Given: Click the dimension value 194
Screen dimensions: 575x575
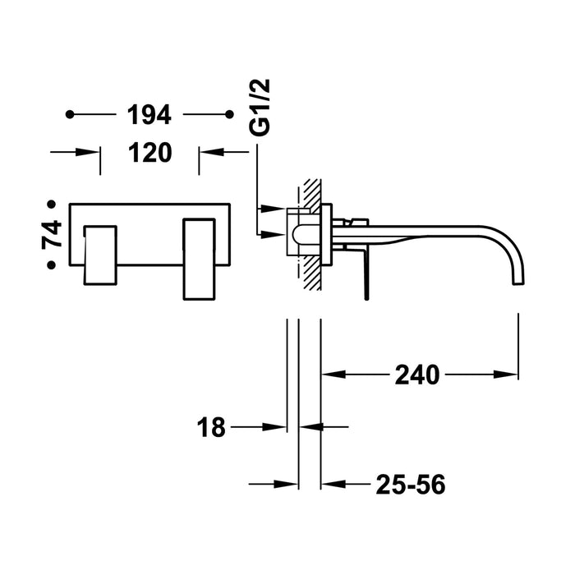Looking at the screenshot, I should click(x=149, y=116).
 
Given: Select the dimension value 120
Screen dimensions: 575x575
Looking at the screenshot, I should click(x=149, y=152).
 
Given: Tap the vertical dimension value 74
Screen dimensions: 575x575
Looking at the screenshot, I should click(x=52, y=234).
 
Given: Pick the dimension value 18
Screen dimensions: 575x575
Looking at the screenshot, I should click(x=211, y=427).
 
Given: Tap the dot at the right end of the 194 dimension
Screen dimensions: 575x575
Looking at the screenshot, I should click(x=228, y=116).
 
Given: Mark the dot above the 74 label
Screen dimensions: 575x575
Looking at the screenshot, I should click(x=52, y=203).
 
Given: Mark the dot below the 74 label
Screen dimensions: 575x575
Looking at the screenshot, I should click(x=52, y=264).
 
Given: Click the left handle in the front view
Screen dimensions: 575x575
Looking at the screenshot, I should click(x=99, y=253).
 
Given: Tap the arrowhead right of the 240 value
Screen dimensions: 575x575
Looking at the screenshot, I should click(x=510, y=375).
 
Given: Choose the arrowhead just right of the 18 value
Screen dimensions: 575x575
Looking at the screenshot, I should click(x=278, y=427).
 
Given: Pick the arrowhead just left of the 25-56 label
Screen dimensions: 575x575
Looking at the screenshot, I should click(x=329, y=485).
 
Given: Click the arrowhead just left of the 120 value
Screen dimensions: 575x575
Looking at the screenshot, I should click(x=91, y=152).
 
